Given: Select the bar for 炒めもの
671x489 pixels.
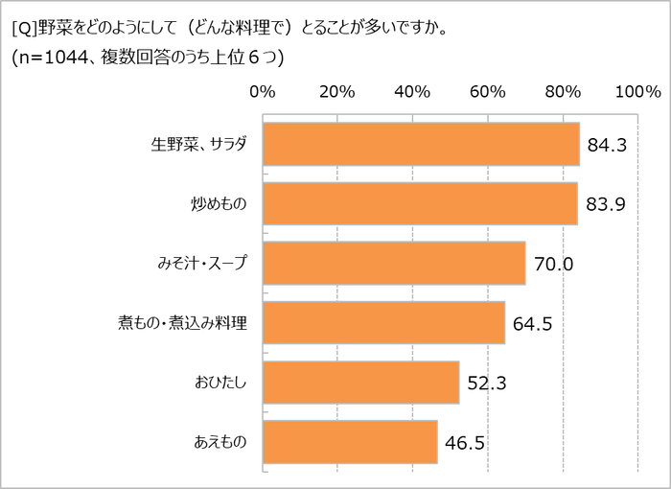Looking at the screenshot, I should pos(419,203).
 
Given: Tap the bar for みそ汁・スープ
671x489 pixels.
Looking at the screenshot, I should pos(393,264).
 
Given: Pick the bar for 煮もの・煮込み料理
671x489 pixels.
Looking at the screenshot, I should pos(382,323).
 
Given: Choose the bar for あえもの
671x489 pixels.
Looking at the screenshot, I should pos(349,442).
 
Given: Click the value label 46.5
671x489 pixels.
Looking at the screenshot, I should pos(464,443).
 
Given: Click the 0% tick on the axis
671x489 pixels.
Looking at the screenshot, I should pos(262,93).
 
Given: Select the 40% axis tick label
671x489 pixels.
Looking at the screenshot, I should pos(411,93).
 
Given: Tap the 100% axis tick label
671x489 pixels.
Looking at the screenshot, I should pos(636,93).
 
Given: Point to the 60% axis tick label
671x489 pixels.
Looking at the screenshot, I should pos(487,93).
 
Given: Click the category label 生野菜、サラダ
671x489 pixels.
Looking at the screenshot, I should pos(199,145).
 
